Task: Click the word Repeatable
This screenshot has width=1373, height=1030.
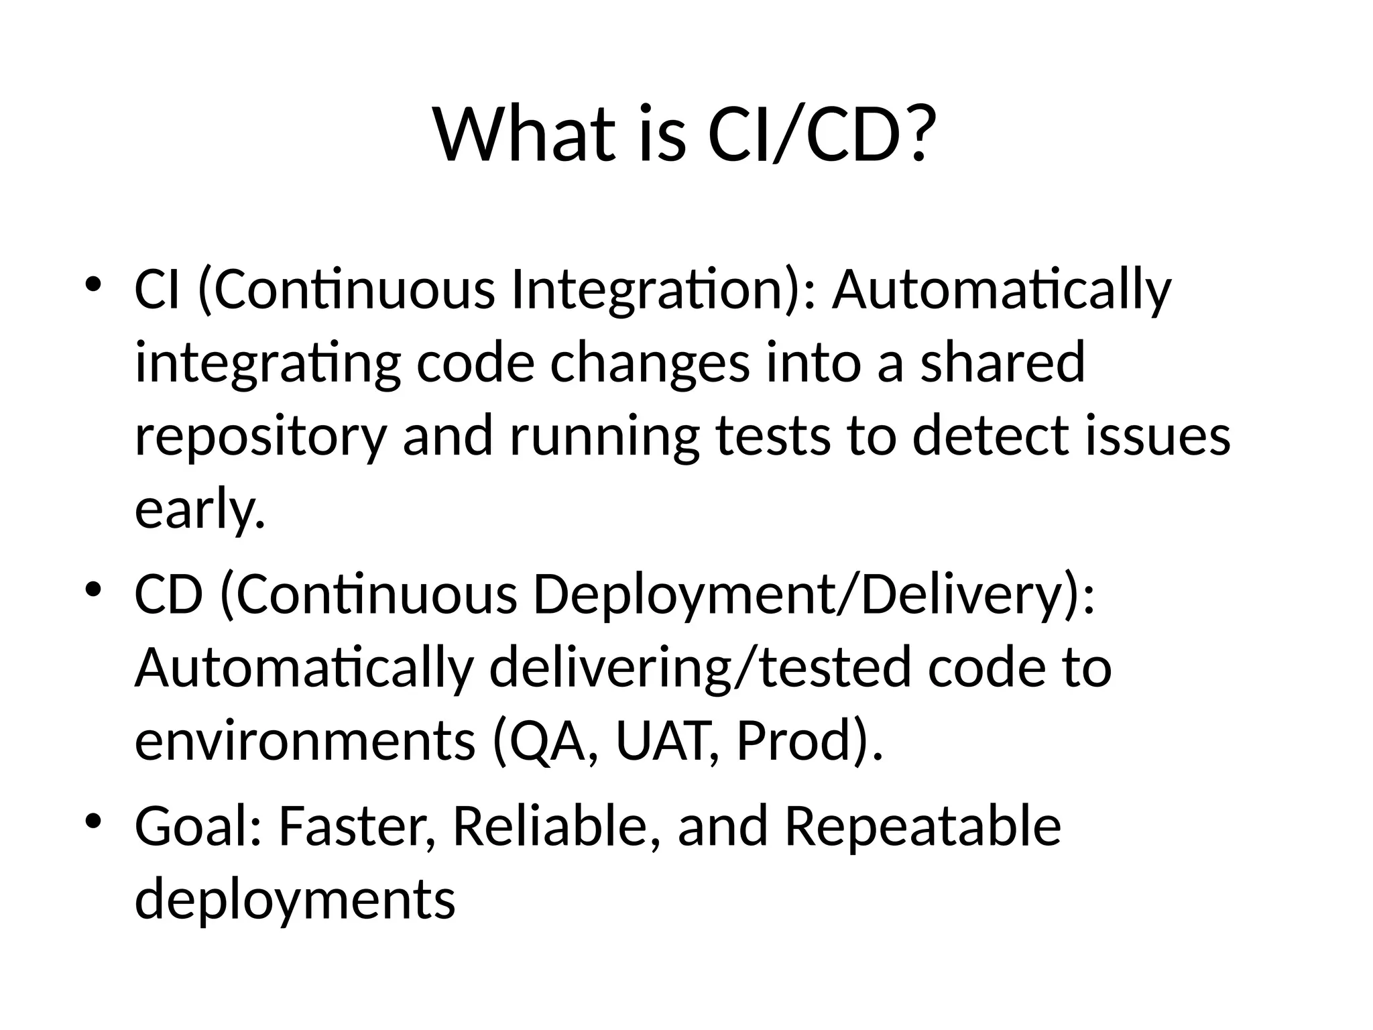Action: (923, 826)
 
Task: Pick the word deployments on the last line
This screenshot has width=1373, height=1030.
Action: (295, 900)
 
